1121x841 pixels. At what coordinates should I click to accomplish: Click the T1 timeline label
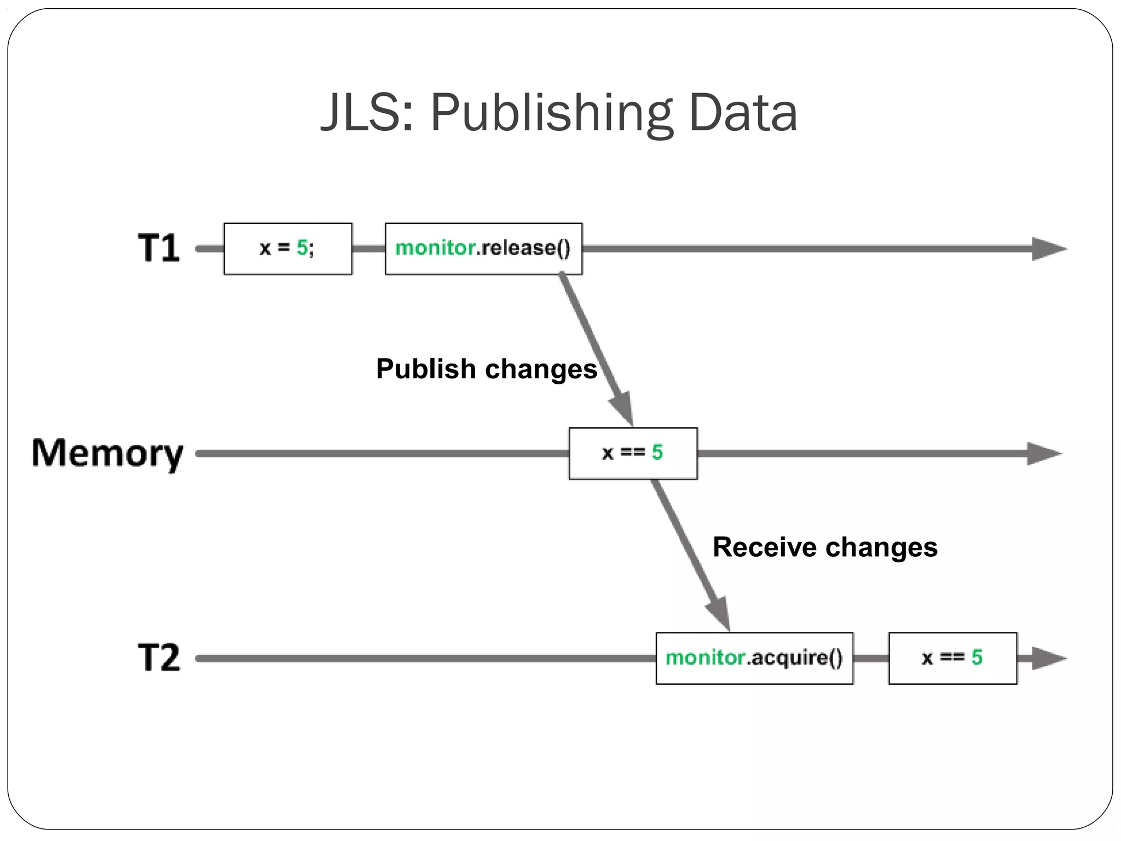click(x=158, y=248)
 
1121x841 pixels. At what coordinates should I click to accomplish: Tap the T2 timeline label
click(x=158, y=658)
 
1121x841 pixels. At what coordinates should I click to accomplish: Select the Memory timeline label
click(x=107, y=454)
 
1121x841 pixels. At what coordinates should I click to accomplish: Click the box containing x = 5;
click(x=288, y=249)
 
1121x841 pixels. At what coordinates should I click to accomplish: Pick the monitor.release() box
click(x=483, y=249)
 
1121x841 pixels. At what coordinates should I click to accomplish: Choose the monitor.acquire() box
click(x=754, y=658)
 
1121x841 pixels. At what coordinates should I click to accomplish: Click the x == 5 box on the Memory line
click(x=633, y=453)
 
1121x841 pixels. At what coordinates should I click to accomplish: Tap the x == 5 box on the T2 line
click(x=952, y=658)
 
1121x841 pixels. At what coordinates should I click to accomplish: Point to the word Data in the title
click(x=743, y=113)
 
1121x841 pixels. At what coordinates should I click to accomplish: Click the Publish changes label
click(x=486, y=368)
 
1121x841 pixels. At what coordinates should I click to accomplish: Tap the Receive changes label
click(x=825, y=547)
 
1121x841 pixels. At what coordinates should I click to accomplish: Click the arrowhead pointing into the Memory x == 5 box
click(x=623, y=407)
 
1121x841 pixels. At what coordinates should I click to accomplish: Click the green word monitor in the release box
click(x=435, y=248)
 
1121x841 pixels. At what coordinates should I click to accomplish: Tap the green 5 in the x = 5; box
click(x=302, y=248)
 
